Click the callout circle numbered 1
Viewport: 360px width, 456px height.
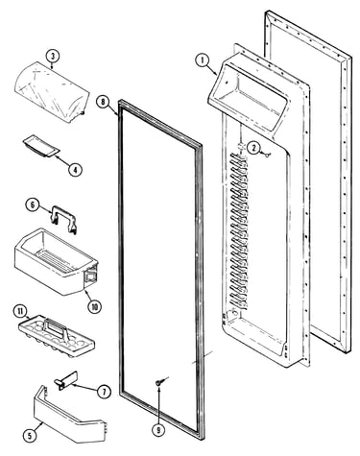[x=203, y=60]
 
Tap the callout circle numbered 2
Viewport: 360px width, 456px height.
[x=253, y=148]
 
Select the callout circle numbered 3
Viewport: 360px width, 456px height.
[x=53, y=57]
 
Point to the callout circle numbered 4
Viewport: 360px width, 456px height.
[x=75, y=170]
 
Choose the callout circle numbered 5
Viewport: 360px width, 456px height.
[x=30, y=436]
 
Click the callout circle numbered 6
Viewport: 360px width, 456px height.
[x=33, y=205]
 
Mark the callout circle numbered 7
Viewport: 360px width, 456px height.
[x=105, y=392]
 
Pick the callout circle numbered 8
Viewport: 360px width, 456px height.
[x=103, y=103]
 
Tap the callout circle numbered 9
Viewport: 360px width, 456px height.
[x=158, y=430]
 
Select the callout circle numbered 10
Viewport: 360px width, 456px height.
[x=94, y=307]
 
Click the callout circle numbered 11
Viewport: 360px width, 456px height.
[x=20, y=311]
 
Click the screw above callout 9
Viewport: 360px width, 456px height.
[x=160, y=381]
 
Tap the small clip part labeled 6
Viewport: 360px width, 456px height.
[x=64, y=219]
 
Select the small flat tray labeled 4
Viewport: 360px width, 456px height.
[x=41, y=148]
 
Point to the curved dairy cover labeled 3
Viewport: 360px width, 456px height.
[x=50, y=92]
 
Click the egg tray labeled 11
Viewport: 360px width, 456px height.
[x=57, y=337]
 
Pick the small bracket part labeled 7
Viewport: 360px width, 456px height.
[x=66, y=380]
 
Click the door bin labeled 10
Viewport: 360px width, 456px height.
[x=56, y=261]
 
